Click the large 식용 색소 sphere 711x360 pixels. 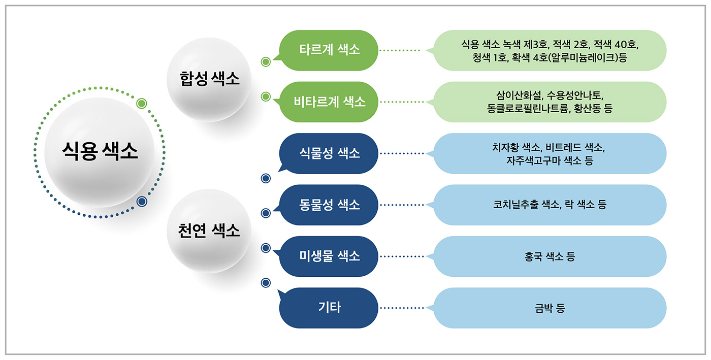[100, 152]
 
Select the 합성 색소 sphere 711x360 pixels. [209, 79]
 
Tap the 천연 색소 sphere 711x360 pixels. [209, 231]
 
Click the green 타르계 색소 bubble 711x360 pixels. [329, 50]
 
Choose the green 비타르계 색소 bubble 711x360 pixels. [329, 102]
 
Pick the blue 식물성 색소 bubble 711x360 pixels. [329, 153]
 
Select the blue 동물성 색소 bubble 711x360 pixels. [329, 205]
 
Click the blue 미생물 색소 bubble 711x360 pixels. [329, 256]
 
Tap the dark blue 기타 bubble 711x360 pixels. [329, 308]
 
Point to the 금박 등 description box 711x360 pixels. [550, 308]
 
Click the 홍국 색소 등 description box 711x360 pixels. [550, 256]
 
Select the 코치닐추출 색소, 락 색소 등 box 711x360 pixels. [550, 205]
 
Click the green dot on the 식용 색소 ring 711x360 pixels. [142, 103]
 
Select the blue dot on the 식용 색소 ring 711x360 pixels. [142, 202]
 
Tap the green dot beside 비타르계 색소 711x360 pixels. [265, 96]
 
